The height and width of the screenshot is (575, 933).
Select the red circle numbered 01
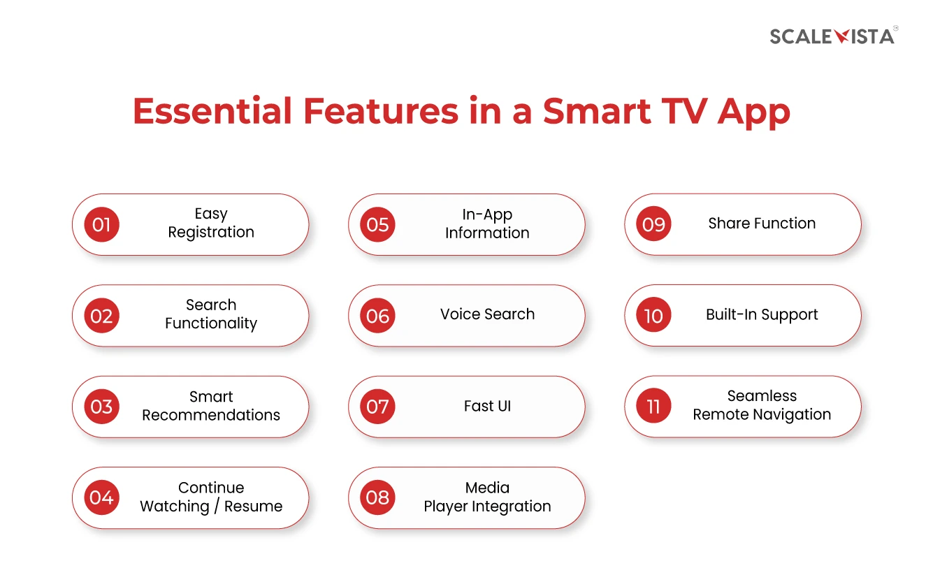tap(101, 224)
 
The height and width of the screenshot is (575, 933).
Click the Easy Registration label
tap(211, 224)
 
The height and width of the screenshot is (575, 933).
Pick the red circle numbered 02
tap(101, 316)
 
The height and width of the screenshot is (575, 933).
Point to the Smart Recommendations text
tap(211, 406)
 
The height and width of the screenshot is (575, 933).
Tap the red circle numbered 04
tap(101, 497)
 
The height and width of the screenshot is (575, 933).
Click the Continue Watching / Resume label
tap(211, 497)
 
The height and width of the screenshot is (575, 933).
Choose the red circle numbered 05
tap(377, 224)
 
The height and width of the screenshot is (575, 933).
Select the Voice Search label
tap(487, 314)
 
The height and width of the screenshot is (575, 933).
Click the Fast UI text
tap(487, 406)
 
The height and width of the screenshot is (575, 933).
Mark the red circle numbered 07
tap(377, 407)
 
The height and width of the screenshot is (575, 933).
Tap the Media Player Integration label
tap(487, 497)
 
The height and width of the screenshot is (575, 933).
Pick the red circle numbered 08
tap(377, 497)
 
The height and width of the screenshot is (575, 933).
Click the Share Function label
tap(762, 224)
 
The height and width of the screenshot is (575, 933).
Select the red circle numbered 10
tap(653, 316)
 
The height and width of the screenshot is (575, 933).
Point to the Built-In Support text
tap(762, 314)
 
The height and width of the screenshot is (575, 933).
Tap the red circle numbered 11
tap(653, 407)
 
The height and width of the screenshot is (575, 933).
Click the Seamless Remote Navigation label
tap(762, 405)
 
